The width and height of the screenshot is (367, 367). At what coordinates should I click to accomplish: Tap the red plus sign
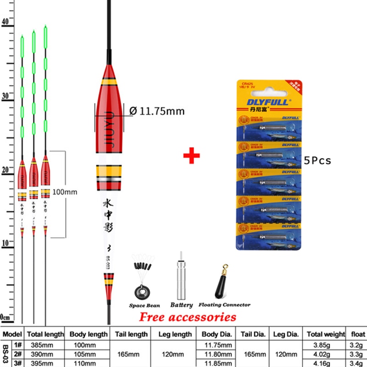click(x=192, y=155)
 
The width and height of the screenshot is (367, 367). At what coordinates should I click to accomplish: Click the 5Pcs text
click(x=317, y=161)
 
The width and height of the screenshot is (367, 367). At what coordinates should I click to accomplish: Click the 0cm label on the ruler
click(x=6, y=317)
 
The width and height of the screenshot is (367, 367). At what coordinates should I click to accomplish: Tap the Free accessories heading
click(x=188, y=317)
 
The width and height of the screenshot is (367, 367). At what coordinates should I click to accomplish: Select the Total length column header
click(x=44, y=334)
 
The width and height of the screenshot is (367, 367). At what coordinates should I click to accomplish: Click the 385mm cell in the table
click(x=39, y=345)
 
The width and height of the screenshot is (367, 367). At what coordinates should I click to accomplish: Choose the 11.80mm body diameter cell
click(x=218, y=353)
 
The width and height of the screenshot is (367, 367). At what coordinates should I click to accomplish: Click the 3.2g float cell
click(x=356, y=345)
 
